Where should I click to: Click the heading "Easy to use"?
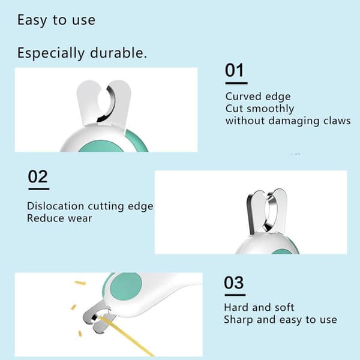point(56,20)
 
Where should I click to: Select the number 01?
point(234,70)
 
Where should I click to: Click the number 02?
point(38,176)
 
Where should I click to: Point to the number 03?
point(234,283)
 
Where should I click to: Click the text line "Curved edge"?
point(258,97)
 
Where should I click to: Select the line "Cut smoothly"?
point(260,109)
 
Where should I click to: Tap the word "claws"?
point(337,121)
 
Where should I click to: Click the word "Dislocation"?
point(55,206)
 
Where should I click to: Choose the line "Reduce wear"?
point(59,218)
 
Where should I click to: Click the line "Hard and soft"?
point(259,307)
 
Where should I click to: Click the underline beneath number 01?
point(236,83)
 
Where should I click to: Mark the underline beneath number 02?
point(39,189)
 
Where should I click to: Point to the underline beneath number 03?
point(235,295)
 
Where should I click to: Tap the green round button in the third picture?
point(126,287)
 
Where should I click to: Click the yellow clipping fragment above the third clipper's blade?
point(80,283)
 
